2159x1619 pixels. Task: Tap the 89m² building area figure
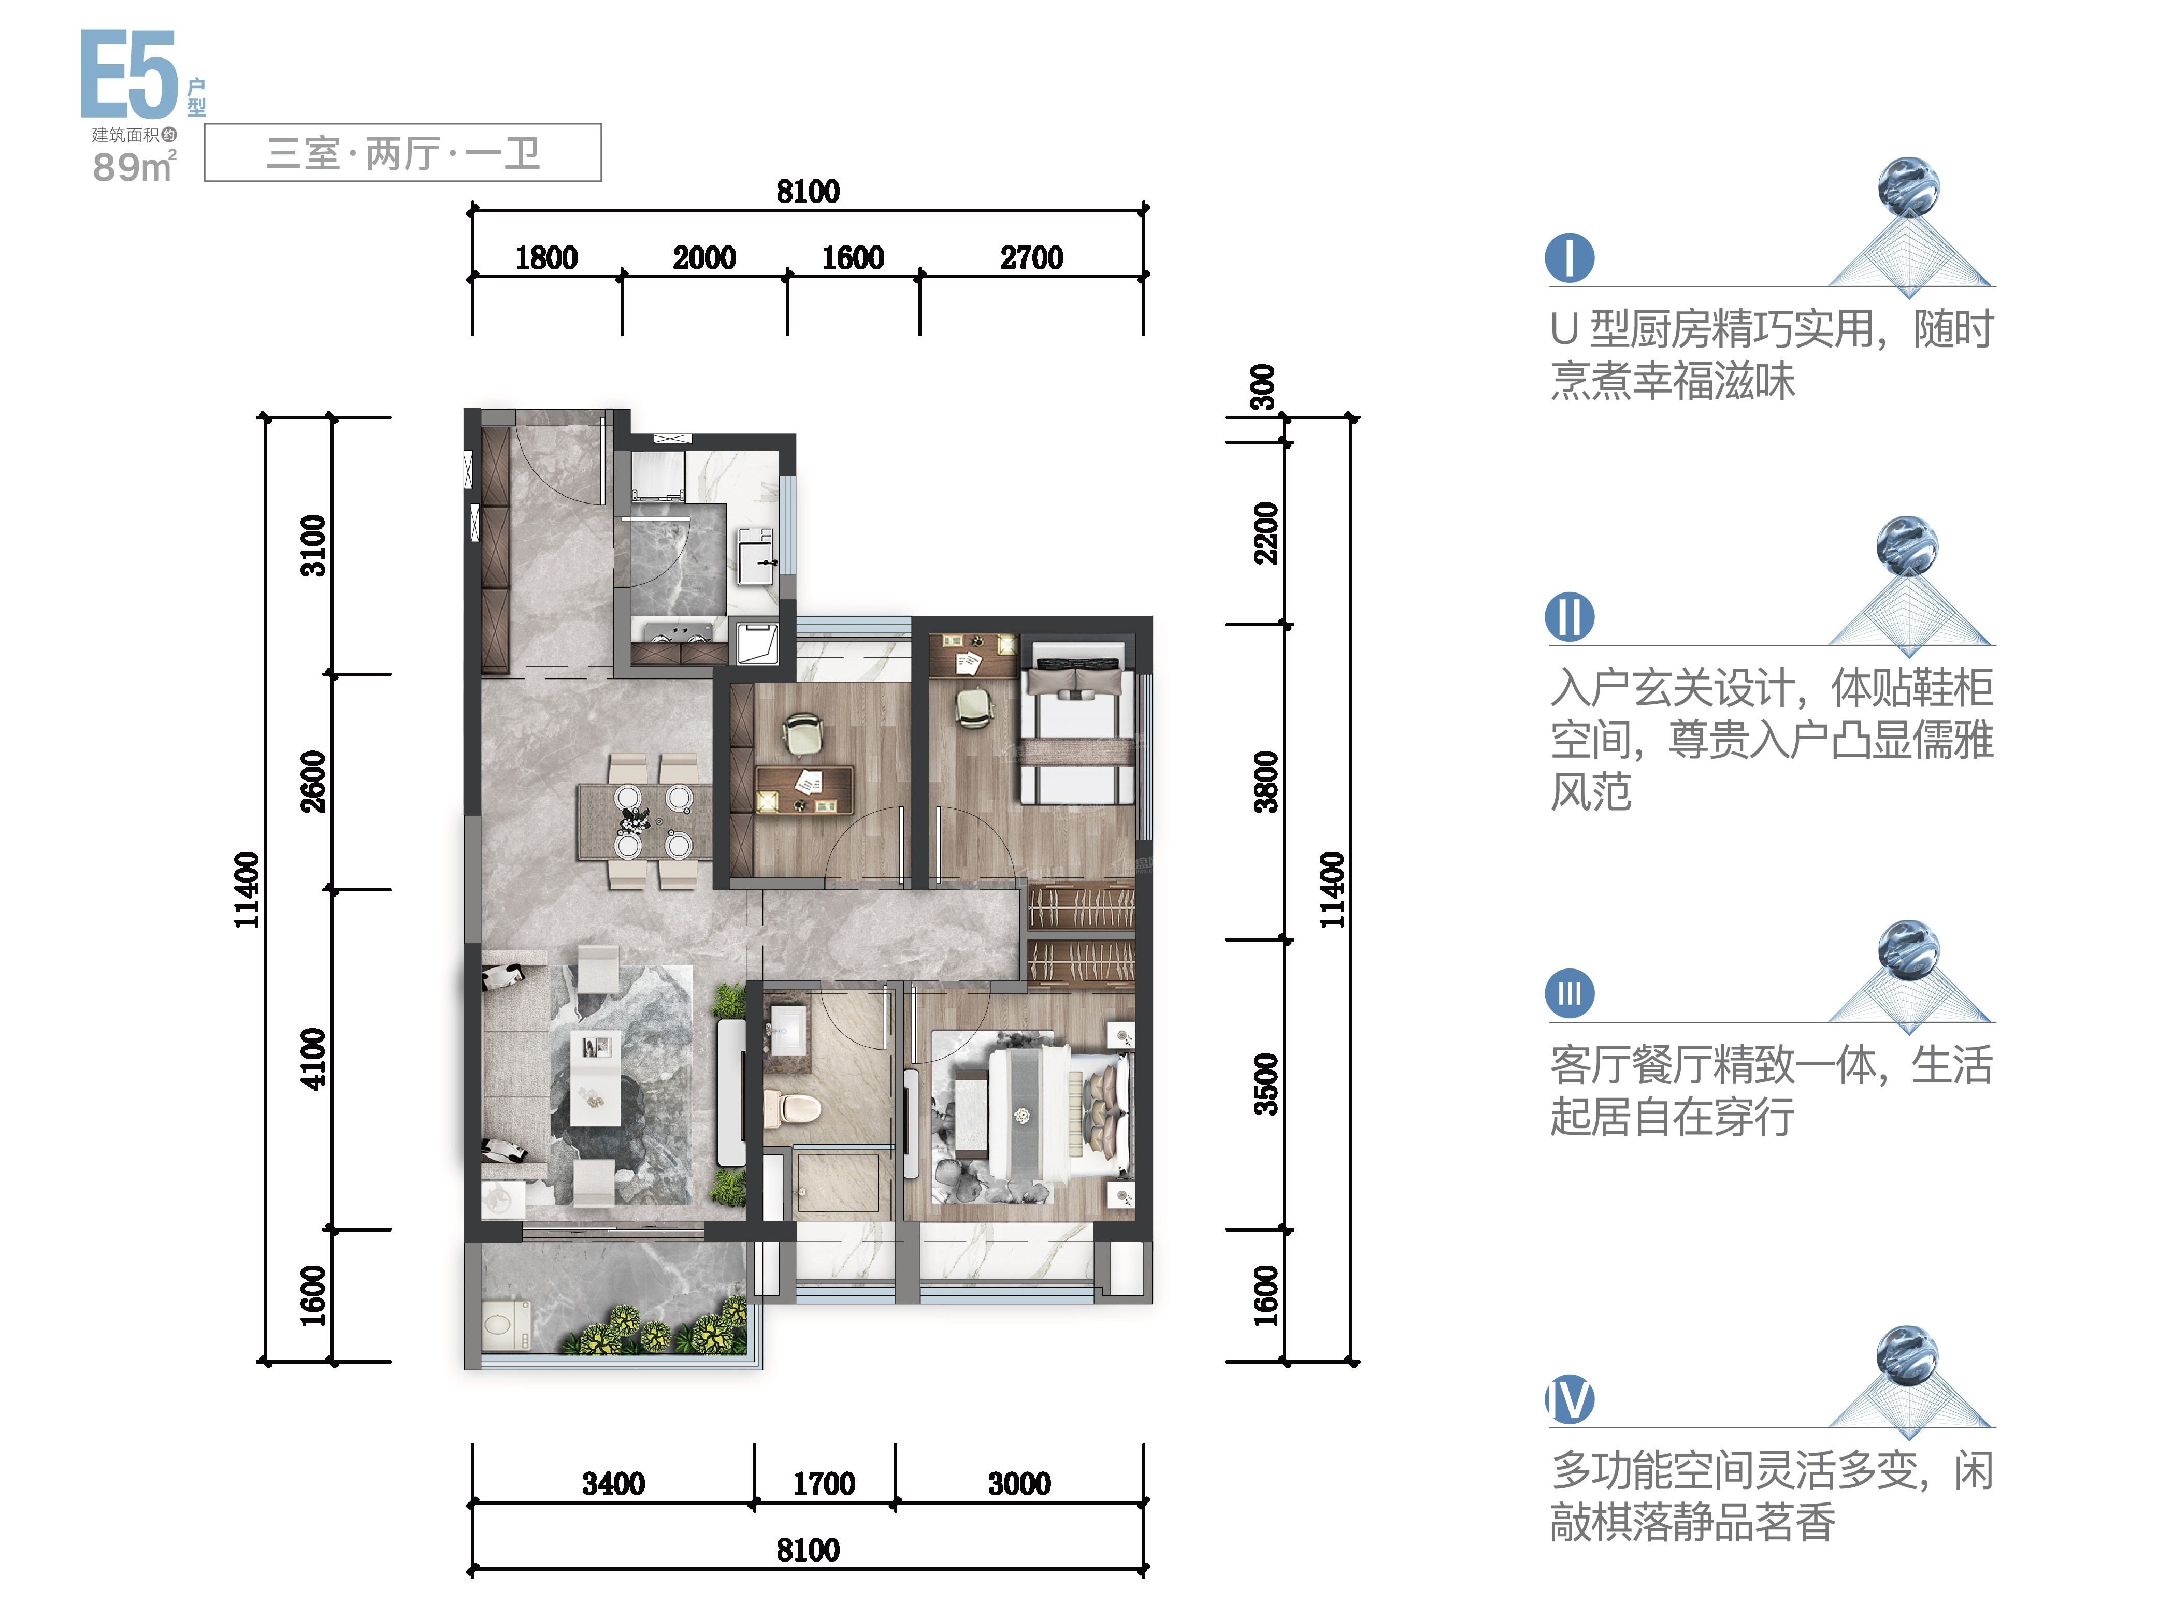click(135, 167)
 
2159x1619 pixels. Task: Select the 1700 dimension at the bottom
click(824, 1483)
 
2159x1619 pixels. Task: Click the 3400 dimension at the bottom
click(613, 1483)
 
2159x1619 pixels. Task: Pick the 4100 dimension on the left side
click(312, 1059)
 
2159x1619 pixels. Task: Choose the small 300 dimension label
click(1263, 387)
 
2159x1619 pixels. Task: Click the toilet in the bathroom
click(793, 1109)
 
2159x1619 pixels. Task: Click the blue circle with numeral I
click(1570, 257)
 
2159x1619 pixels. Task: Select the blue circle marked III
click(1570, 993)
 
